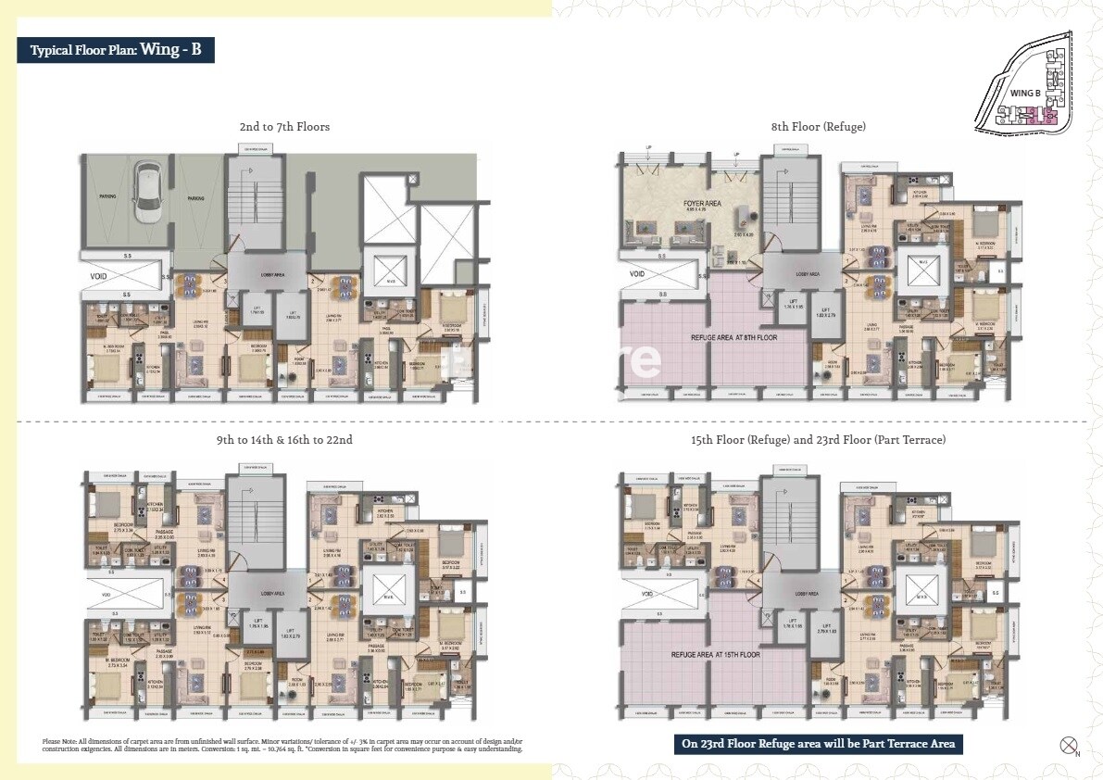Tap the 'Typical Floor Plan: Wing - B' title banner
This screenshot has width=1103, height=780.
(x=116, y=50)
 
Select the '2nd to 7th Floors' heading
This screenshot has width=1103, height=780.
(x=284, y=127)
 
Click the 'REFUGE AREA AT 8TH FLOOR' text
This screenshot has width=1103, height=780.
(x=734, y=338)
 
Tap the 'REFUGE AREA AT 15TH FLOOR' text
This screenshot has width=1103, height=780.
(x=716, y=654)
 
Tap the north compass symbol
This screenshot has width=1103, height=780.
(x=1068, y=745)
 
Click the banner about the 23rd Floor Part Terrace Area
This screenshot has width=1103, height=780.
(x=818, y=744)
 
